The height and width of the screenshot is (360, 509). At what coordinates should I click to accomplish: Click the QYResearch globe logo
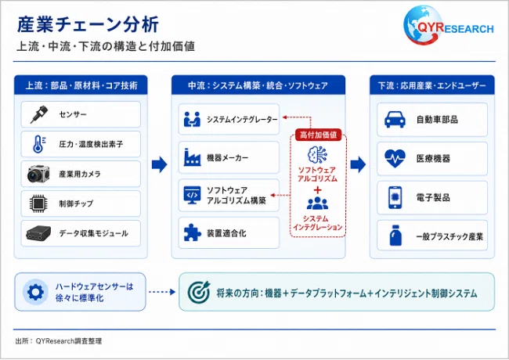point(422,25)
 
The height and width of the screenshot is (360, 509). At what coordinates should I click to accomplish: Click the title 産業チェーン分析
point(88,24)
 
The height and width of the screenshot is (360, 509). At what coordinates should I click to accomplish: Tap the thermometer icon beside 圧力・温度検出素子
point(39,144)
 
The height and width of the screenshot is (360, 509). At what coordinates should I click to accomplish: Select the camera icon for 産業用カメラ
point(38,175)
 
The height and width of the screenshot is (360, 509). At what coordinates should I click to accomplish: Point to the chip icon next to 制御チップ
point(38,203)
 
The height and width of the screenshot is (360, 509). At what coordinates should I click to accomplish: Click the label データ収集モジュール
point(93,233)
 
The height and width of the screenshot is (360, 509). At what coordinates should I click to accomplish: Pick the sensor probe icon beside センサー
point(39,114)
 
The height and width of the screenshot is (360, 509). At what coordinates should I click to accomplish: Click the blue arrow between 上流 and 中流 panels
point(160,164)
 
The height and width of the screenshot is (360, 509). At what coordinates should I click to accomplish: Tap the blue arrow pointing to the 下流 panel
point(358,164)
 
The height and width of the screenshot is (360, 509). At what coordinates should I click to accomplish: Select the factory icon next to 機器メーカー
point(192,157)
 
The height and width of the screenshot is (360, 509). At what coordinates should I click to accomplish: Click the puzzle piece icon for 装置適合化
point(192,232)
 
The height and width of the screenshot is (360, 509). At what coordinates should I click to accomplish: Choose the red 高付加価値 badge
point(318,135)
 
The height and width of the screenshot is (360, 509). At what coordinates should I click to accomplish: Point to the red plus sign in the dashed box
point(317,190)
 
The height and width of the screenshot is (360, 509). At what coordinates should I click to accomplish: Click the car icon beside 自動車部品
point(395,120)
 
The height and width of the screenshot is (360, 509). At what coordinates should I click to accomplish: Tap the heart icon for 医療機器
point(395,158)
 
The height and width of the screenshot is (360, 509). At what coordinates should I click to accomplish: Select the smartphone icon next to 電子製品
point(395,197)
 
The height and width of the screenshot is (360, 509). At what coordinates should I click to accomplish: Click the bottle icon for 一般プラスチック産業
point(395,236)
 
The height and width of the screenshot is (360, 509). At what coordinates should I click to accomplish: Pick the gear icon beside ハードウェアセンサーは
point(36,292)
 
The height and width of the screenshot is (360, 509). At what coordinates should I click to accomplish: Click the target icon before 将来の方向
point(199,292)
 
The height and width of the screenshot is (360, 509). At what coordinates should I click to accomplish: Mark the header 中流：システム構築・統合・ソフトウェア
point(258,85)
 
